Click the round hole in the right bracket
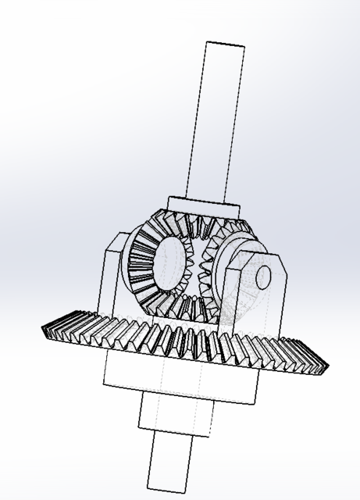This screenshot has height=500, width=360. point(263,277)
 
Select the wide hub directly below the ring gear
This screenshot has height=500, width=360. point(180,383)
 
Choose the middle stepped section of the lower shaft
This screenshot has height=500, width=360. point(175,414)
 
